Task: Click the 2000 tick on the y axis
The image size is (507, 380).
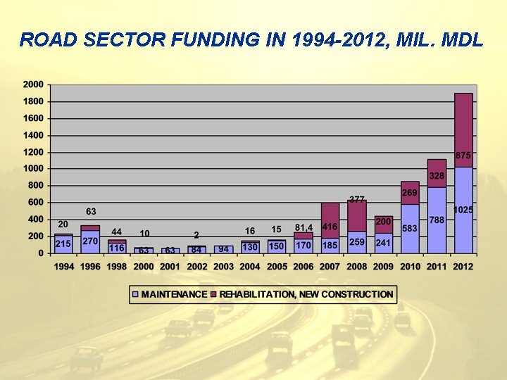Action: coord(33,84)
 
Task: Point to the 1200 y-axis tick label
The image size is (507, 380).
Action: coord(33,152)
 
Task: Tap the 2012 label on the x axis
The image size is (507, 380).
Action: coord(463,267)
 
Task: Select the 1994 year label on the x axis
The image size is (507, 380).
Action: coord(63,267)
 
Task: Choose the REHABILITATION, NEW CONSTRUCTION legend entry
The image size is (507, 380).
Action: coord(305,294)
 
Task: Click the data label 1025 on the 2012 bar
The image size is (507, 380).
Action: coord(463,210)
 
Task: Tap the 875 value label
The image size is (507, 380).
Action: coord(463,155)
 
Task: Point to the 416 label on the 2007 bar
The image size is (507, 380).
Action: coord(330,227)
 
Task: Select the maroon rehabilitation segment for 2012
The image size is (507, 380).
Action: coord(463,127)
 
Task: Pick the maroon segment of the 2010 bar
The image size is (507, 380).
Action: coord(410,193)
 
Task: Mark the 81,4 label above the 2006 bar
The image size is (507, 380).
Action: coord(303,227)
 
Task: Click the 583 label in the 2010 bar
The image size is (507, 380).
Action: coord(410,228)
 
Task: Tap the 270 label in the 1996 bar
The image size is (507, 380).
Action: coord(90,241)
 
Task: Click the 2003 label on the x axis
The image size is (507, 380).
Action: coord(223,267)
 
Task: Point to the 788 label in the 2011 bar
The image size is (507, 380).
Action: coord(437,220)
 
